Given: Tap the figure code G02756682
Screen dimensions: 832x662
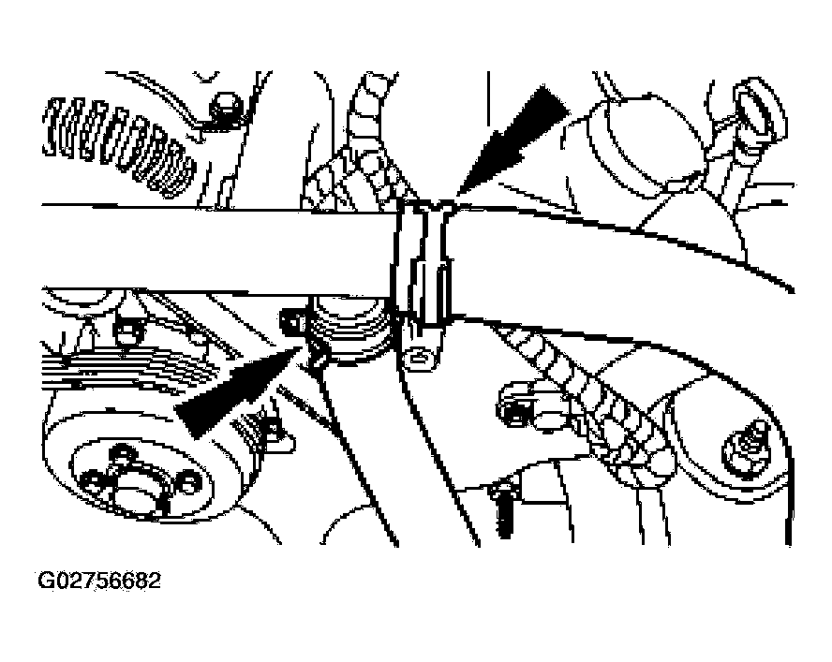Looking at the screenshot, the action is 99,581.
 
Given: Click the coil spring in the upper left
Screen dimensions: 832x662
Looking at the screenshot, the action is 119,143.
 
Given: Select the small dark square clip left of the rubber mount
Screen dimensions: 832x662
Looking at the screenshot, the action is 291,322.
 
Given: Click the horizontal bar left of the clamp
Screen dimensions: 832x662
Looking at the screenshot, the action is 217,248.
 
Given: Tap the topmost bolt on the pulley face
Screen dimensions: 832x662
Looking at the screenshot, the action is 122,455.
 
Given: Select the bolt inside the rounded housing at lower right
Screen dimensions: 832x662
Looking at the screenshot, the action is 747,449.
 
